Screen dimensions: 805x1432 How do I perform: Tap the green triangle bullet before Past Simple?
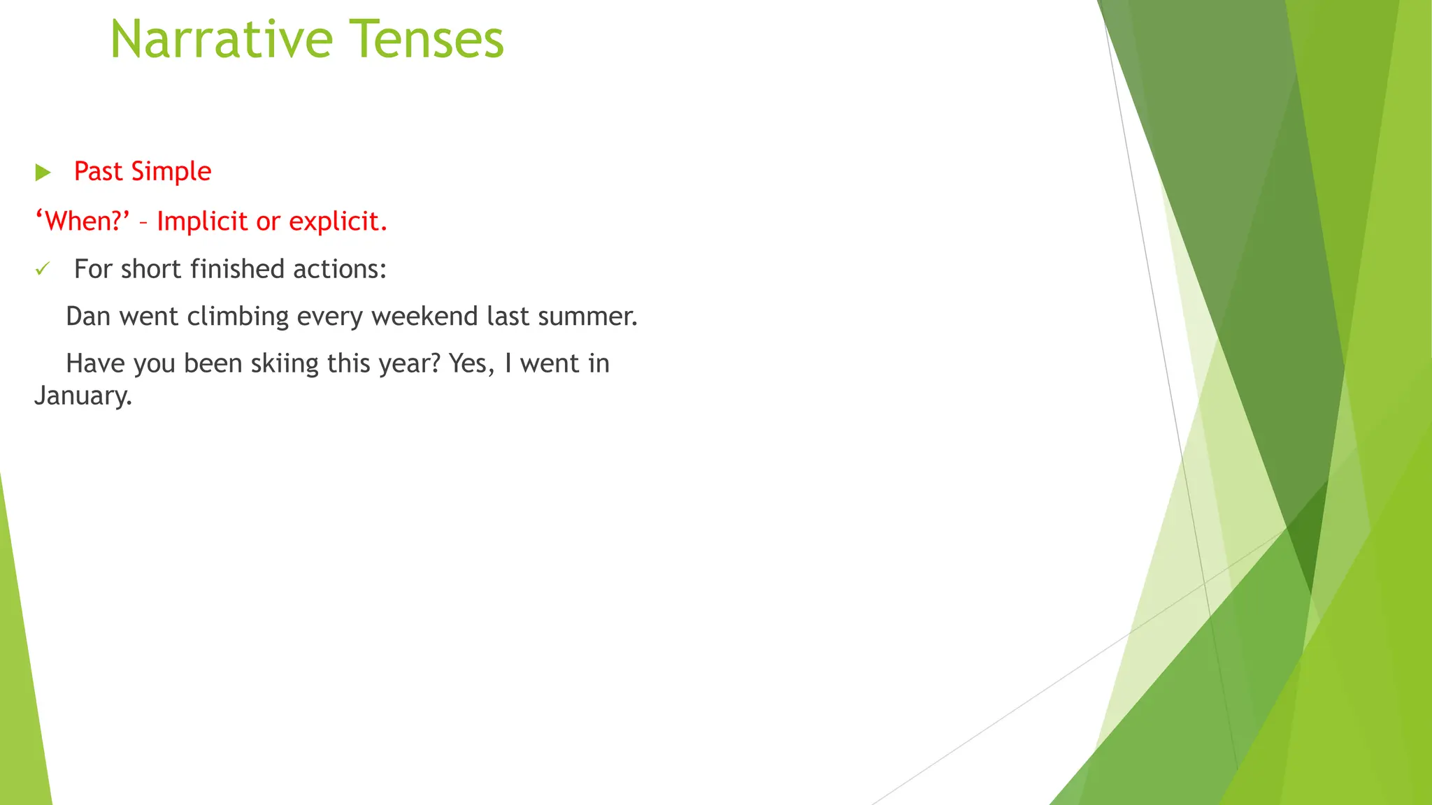tap(43, 172)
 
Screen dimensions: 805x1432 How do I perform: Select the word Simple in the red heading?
tap(171, 172)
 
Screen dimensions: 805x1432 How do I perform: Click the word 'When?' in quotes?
tap(83, 222)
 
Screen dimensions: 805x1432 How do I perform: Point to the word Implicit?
tap(202, 222)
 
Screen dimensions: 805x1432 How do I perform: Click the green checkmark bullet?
tap(43, 269)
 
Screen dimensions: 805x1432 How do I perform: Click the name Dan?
tap(88, 317)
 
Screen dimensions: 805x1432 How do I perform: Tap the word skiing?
tap(285, 364)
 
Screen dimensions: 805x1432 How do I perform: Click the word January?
tap(83, 396)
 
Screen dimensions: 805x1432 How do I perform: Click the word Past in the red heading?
tap(98, 172)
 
